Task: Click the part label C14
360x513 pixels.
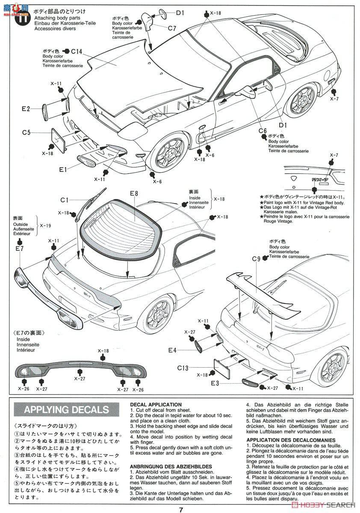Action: point(77,51)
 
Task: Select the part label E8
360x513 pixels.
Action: point(134,194)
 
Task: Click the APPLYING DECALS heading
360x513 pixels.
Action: point(66,410)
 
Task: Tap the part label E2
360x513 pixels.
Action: point(26,109)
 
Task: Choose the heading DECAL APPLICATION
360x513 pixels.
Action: point(156,404)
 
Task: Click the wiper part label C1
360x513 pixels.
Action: point(65,200)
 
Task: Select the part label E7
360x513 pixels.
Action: point(19,248)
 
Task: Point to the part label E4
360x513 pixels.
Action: point(172,350)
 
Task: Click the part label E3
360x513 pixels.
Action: point(215,383)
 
